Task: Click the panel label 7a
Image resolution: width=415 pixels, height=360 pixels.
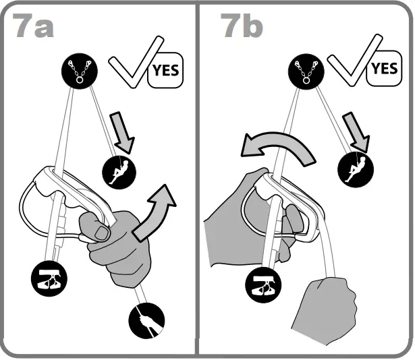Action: point(33,26)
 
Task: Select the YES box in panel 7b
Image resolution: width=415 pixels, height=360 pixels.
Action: point(384,68)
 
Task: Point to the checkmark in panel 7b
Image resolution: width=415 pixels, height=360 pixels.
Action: point(347,67)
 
